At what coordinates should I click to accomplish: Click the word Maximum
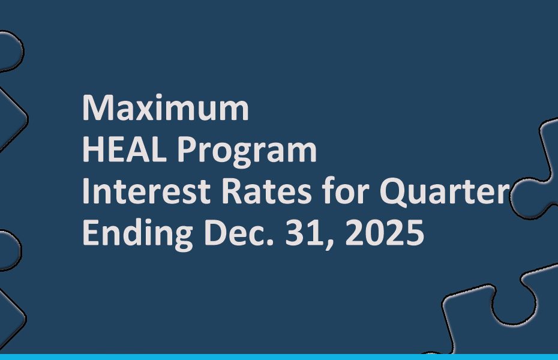(165, 109)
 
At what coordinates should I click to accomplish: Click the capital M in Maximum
(97, 109)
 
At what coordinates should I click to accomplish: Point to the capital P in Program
(186, 150)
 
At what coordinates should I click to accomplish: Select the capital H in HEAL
(93, 150)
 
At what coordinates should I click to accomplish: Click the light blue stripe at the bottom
(279, 357)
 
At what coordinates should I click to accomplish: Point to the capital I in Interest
(86, 192)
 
